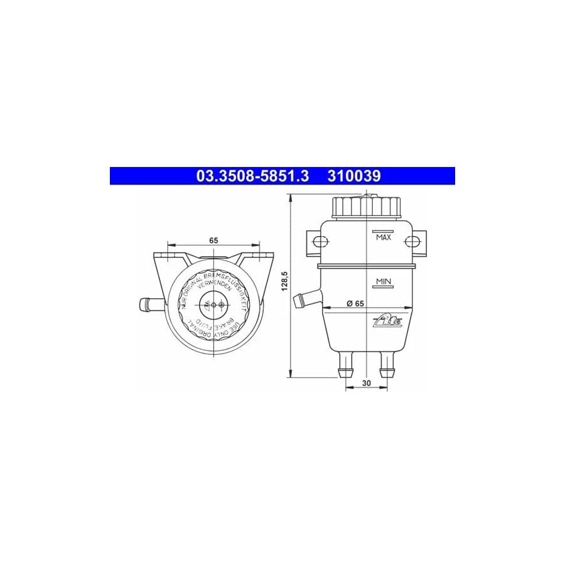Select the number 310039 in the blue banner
(x=353, y=176)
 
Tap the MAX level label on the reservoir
(x=383, y=237)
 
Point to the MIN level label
(x=383, y=281)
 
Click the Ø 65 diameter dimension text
(x=355, y=303)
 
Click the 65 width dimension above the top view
(x=213, y=240)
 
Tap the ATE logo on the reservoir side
(x=392, y=321)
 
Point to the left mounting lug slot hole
(x=319, y=242)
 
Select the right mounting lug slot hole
(x=414, y=242)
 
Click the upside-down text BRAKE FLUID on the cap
(x=214, y=326)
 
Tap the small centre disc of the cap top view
(x=214, y=304)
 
